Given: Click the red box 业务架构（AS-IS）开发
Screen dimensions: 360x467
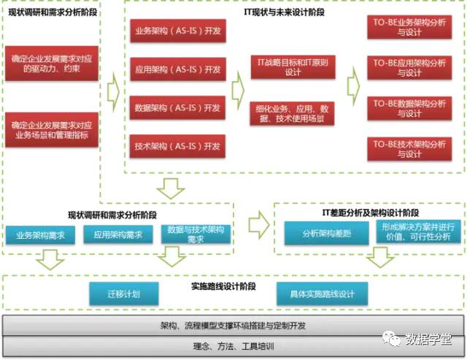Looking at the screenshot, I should coord(177,33).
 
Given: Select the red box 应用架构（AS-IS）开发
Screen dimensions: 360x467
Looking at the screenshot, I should coord(177,70).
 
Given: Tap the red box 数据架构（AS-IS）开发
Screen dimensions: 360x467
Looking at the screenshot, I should coord(177,108).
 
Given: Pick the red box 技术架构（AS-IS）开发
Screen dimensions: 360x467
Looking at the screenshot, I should coord(177,146).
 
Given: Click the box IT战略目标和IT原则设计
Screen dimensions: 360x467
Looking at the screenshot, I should coord(293,66).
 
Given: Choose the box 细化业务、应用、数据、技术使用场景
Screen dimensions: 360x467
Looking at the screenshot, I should coord(293,113).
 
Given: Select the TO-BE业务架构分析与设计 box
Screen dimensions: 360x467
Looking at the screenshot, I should coord(409,27).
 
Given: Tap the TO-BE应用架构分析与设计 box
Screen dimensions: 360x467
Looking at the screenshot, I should coord(409,68).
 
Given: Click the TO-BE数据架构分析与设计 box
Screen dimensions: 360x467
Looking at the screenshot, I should coord(409,108).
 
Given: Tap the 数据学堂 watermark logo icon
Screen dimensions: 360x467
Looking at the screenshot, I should coord(393,338).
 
